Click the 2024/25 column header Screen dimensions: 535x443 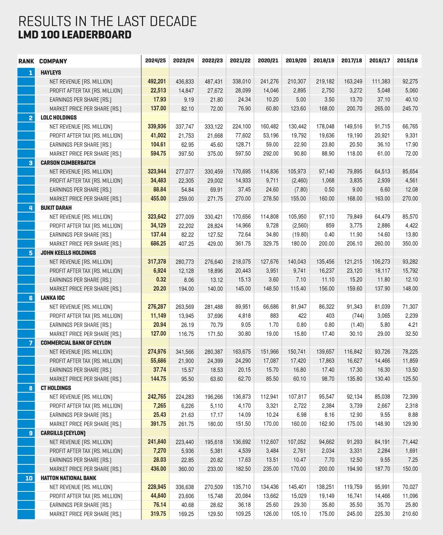pos(155,61)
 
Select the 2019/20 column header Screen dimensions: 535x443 pos(296,61)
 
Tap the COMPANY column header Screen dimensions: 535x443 pos(53,61)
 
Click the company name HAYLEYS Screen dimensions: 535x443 pos(51,73)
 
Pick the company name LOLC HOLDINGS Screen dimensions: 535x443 pos(59,118)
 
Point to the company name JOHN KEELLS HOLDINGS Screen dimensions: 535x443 pos(68,253)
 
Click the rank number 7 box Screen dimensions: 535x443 pos(31,343)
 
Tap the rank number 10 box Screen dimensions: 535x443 pos(29,478)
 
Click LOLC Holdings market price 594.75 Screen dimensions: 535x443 pos(158,153)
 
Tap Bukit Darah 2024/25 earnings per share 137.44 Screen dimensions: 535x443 pos(158,235)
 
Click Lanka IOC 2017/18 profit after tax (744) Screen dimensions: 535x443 pos(357,316)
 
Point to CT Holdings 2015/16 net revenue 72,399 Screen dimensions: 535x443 pos(410,397)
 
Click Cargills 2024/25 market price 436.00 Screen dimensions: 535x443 pos(158,469)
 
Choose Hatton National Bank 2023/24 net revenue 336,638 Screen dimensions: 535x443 pos(184,487)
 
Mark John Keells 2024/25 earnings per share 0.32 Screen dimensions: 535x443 pos(161,280)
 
